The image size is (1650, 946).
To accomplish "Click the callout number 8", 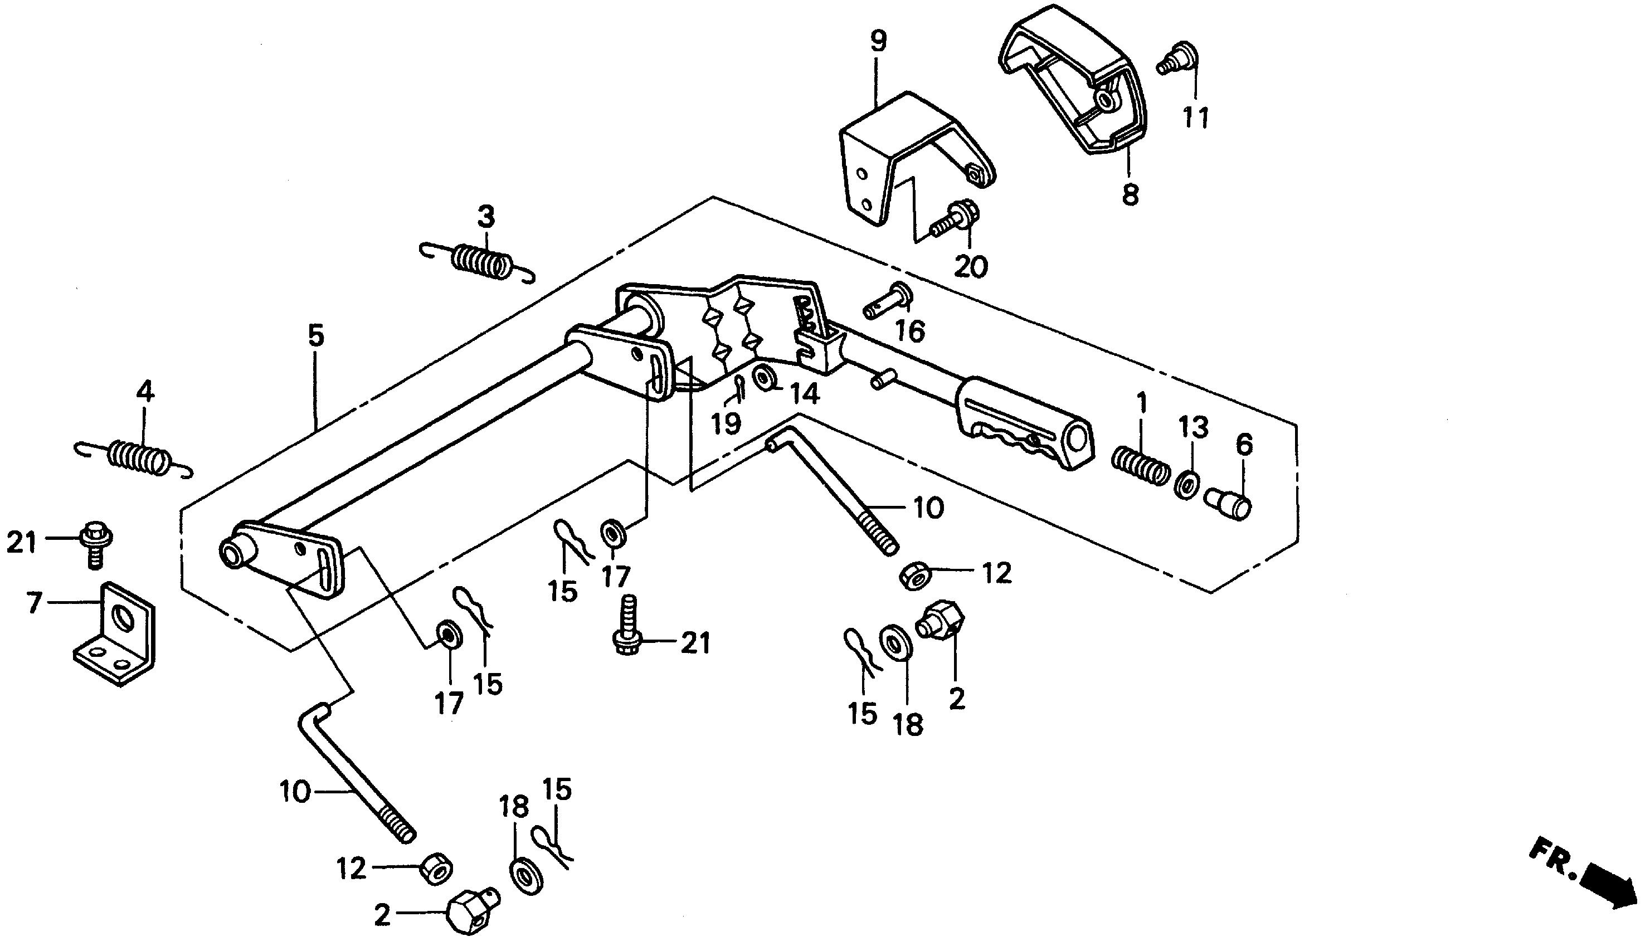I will [1130, 194].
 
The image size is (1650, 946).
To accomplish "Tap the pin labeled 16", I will [887, 301].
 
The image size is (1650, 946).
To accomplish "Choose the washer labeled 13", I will [1187, 485].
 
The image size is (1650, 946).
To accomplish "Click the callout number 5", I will [316, 336].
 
